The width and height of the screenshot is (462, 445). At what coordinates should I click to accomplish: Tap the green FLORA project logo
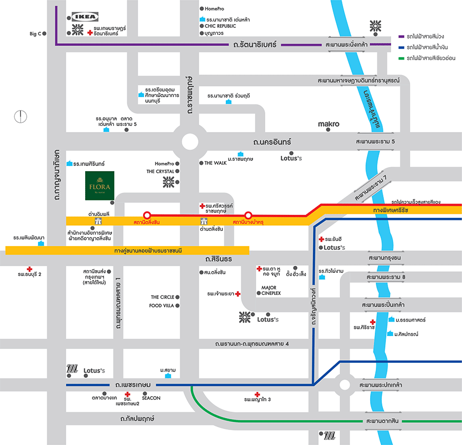(100, 185)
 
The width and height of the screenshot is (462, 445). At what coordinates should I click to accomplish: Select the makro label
(329, 124)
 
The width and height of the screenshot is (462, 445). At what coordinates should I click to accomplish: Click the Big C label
(35, 34)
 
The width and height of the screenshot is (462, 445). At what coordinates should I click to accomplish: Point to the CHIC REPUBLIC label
(220, 26)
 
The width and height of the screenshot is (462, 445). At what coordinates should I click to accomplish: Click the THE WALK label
(215, 163)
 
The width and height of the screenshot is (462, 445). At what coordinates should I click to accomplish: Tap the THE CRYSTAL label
(160, 172)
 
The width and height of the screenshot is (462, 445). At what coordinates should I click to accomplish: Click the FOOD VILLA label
(162, 305)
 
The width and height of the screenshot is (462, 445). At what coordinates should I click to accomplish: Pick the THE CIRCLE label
(162, 297)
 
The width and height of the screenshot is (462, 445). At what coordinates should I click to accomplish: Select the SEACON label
(151, 398)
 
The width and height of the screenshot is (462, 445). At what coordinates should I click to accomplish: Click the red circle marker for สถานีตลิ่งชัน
(147, 215)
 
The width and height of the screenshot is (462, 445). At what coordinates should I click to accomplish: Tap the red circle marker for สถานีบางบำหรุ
(248, 215)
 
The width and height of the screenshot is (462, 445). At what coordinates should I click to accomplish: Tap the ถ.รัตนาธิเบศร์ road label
(255, 45)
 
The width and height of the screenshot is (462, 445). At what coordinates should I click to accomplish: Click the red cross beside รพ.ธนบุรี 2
(30, 269)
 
